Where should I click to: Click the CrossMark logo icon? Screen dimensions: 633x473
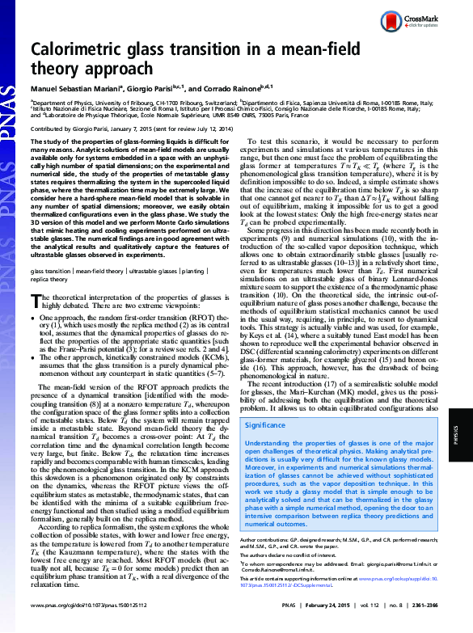coord(412,19)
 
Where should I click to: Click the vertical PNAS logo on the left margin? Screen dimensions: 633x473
coord(10,113)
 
